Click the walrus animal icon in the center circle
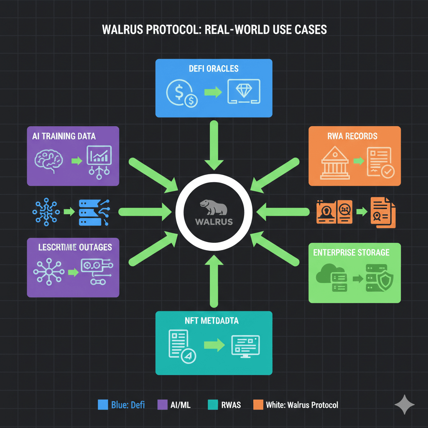[213, 207]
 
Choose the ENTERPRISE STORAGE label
[351, 252]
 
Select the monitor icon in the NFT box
[245, 344]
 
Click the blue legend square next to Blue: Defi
[102, 405]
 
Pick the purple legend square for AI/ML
[162, 405]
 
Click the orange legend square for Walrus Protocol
[258, 405]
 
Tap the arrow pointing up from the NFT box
[214, 282]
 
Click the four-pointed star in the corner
[405, 405]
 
